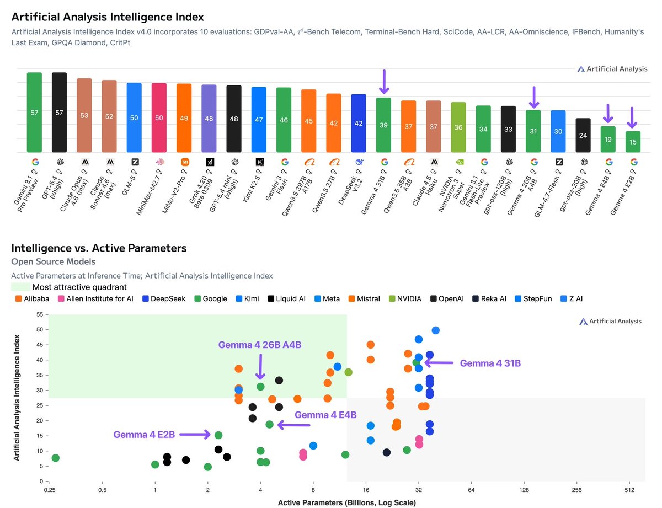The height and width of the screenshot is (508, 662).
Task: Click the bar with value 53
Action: click(x=84, y=115)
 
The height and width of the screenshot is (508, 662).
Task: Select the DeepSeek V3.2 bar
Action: click(x=359, y=123)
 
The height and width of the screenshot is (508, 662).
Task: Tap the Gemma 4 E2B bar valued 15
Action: click(x=633, y=142)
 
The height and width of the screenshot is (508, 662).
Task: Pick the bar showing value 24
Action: click(x=583, y=135)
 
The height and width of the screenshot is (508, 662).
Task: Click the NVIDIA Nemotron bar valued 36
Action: click(x=458, y=127)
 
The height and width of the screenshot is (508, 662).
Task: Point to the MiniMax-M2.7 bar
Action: click(x=159, y=117)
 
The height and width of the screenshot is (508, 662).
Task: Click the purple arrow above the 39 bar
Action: click(x=384, y=81)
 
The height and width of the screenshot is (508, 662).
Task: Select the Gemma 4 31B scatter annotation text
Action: click(x=490, y=363)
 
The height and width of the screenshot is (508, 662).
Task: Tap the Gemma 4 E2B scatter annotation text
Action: click(x=144, y=435)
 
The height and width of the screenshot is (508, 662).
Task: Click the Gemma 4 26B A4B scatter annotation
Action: click(x=260, y=345)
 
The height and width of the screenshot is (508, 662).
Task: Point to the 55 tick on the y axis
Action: click(x=39, y=314)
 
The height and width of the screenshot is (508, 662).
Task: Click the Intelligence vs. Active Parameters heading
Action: click(x=99, y=248)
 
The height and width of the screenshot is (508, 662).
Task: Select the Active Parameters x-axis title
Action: click(x=346, y=502)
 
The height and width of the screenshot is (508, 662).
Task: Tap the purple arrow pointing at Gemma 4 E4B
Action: click(x=294, y=425)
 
